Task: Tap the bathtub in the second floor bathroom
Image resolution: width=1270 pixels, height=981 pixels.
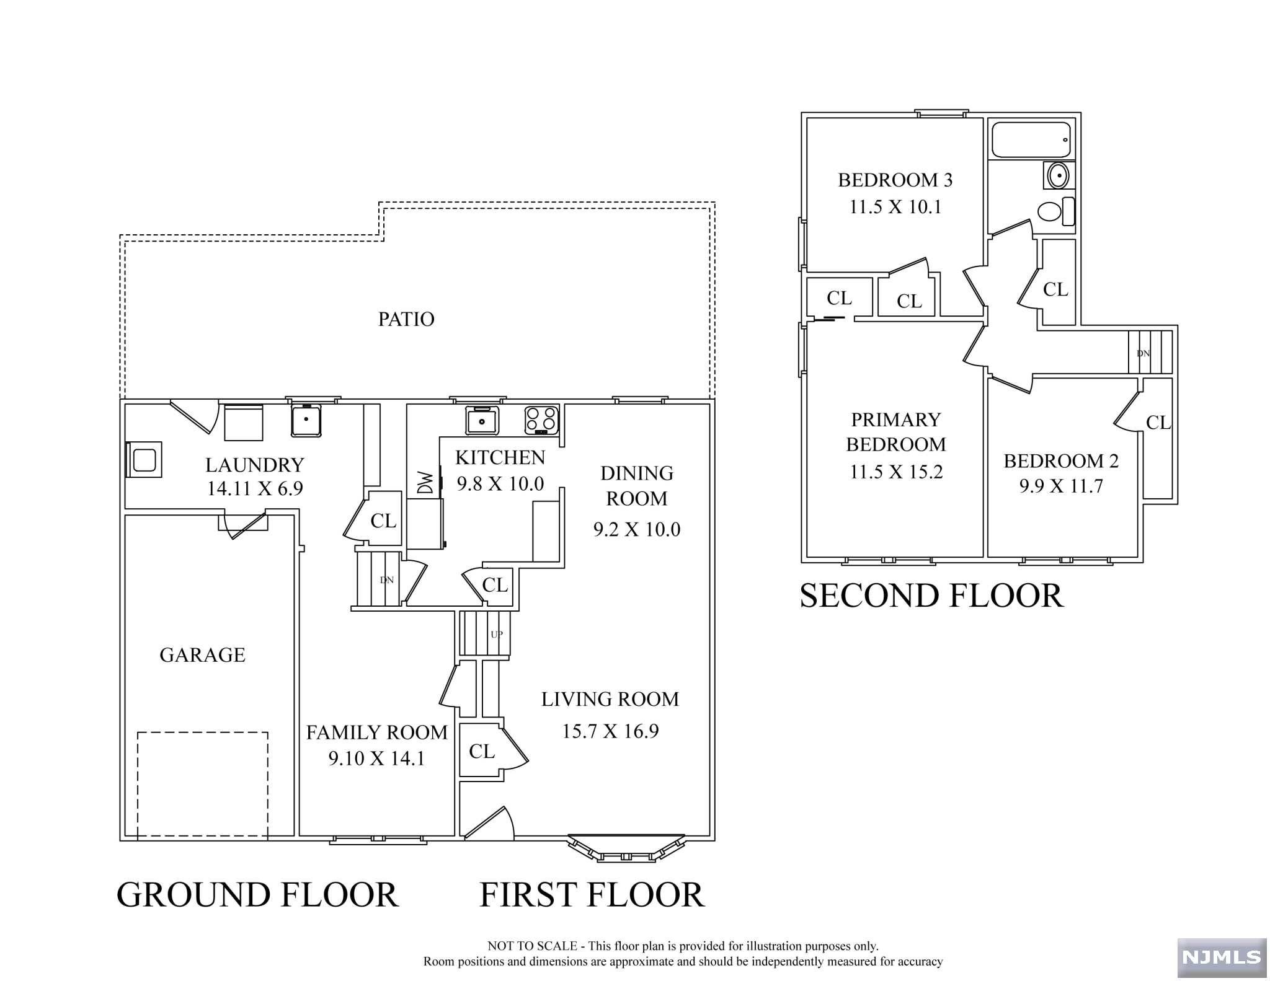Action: (1031, 140)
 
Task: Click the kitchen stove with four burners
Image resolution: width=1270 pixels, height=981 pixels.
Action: (541, 420)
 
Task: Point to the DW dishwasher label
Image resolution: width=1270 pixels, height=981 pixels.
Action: (425, 482)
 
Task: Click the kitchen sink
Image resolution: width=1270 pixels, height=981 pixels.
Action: (482, 420)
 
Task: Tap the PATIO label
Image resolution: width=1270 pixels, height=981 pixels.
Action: (406, 319)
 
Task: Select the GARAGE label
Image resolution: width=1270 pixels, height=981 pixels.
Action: (202, 655)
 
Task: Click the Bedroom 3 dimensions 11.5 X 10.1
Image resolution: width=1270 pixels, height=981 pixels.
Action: (895, 207)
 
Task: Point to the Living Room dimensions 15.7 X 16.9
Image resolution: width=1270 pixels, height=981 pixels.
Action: (610, 731)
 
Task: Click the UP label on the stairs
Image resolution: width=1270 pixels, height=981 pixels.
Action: (497, 635)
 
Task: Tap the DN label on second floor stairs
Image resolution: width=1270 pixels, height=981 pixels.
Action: (1143, 353)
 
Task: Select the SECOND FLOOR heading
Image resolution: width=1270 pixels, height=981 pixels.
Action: (931, 596)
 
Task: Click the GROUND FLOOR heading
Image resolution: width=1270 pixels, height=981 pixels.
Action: (257, 895)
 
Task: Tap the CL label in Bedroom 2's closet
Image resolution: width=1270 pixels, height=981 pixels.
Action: (1158, 423)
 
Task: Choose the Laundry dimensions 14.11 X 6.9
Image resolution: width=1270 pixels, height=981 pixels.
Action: (255, 489)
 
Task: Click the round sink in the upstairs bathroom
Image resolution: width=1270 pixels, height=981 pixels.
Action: (1057, 176)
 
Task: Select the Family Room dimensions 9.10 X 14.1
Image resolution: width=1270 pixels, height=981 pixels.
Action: (376, 759)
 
